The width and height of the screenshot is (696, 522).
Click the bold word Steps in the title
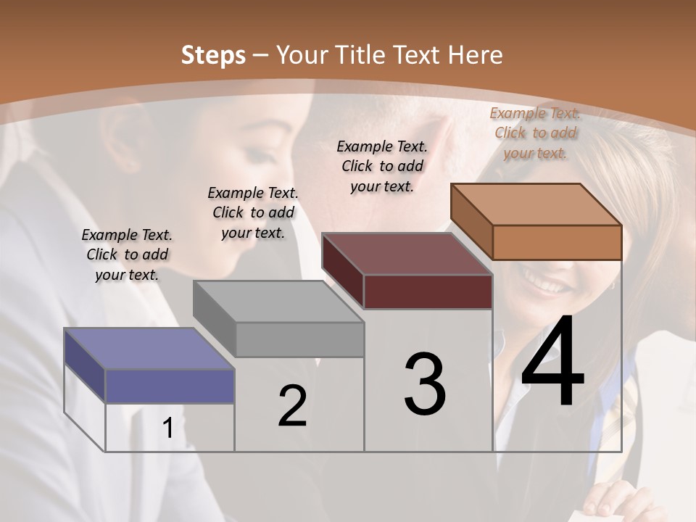click(213, 55)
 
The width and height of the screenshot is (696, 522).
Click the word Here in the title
click(476, 55)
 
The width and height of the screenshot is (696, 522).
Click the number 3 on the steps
click(425, 384)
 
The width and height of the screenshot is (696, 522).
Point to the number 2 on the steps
click(292, 406)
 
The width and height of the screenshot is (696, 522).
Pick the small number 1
click(168, 428)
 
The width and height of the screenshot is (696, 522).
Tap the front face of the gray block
click(299, 339)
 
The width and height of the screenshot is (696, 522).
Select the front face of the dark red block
click(428, 292)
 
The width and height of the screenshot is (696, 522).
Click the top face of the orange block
click(536, 204)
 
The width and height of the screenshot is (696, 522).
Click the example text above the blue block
click(127, 254)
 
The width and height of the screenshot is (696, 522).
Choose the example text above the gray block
click(253, 212)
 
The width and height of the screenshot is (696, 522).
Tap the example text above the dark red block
click(382, 166)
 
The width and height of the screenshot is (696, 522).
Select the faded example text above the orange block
click(535, 133)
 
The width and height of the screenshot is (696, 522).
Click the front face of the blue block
click(170, 386)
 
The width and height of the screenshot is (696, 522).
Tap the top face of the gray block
click(278, 301)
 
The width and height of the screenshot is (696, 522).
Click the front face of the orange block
click(557, 242)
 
